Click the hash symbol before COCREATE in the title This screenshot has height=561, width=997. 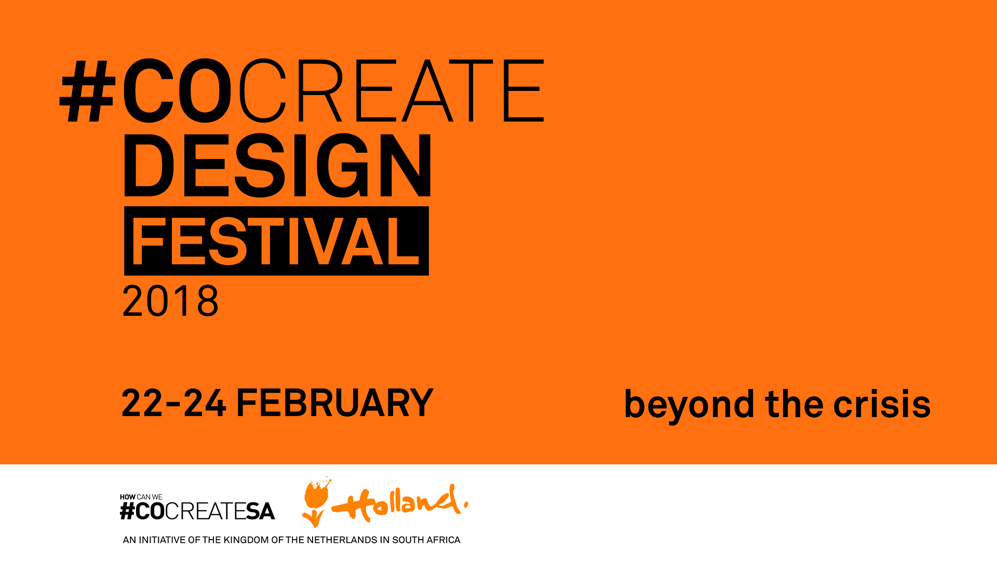pos(87,92)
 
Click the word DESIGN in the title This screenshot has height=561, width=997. pos(277,166)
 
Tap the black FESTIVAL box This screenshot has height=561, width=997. pos(276,241)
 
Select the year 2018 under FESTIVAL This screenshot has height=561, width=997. pos(170,301)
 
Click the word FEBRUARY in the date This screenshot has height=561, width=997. pos(334,403)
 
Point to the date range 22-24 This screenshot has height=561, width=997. pos(173,403)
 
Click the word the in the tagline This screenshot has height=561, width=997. pos(794,404)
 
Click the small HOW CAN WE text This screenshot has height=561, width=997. pos(141,497)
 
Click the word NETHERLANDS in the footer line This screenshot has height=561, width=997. pos(342,540)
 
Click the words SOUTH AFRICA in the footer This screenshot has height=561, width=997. pos(426,540)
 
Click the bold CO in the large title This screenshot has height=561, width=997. pos(177,92)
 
